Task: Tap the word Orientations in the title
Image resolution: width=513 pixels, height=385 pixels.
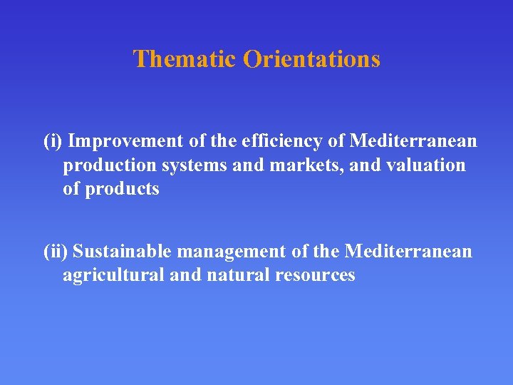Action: (311, 58)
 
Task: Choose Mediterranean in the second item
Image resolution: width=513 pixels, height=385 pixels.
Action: (408, 251)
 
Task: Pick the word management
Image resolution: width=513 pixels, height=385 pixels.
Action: (232, 251)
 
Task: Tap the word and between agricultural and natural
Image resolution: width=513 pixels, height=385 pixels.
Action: (185, 275)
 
